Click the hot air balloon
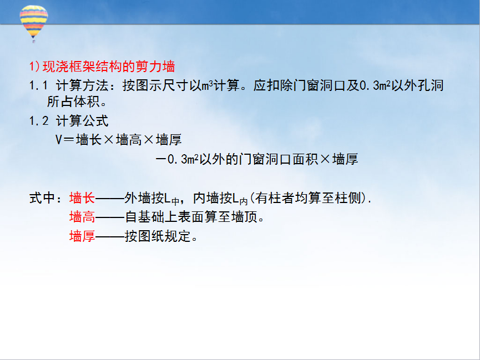coord(34,23)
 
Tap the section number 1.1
coord(39,85)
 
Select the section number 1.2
coord(39,121)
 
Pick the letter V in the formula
coord(59,140)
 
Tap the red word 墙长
coord(82,198)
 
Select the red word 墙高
coord(82,217)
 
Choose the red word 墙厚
coord(82,236)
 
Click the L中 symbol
coord(172,199)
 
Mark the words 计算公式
coord(82,121)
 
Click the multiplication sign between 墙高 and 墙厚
coord(149,140)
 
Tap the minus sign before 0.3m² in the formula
coord(161,159)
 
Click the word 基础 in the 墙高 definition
coord(151,217)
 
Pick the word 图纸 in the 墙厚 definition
coord(151,236)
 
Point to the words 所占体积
coord(73,102)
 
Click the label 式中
coord(42,198)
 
